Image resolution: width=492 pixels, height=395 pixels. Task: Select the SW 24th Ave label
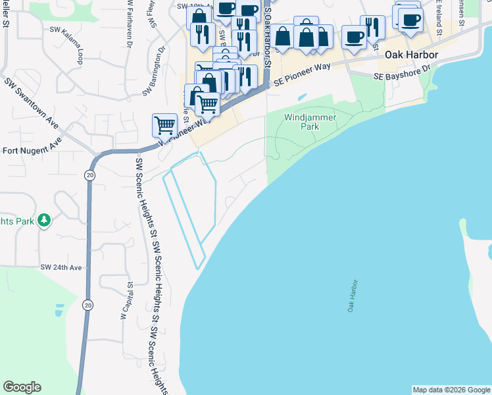(x=61, y=267)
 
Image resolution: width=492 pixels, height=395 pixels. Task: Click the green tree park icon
(x=44, y=220)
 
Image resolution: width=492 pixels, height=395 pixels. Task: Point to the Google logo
(x=22, y=387)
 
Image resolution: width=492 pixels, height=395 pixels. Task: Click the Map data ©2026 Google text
(x=451, y=390)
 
